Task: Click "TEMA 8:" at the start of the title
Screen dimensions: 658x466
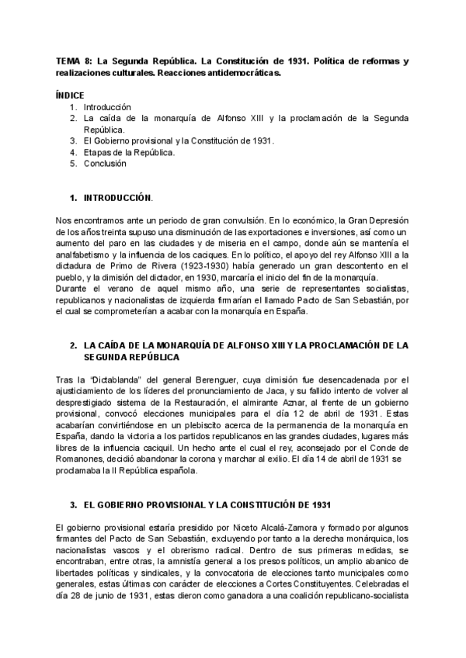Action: pyautogui.click(x=73, y=61)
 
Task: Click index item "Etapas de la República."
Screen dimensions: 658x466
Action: pyautogui.click(x=129, y=152)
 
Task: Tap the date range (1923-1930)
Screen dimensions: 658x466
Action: pyautogui.click(x=187, y=265)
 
